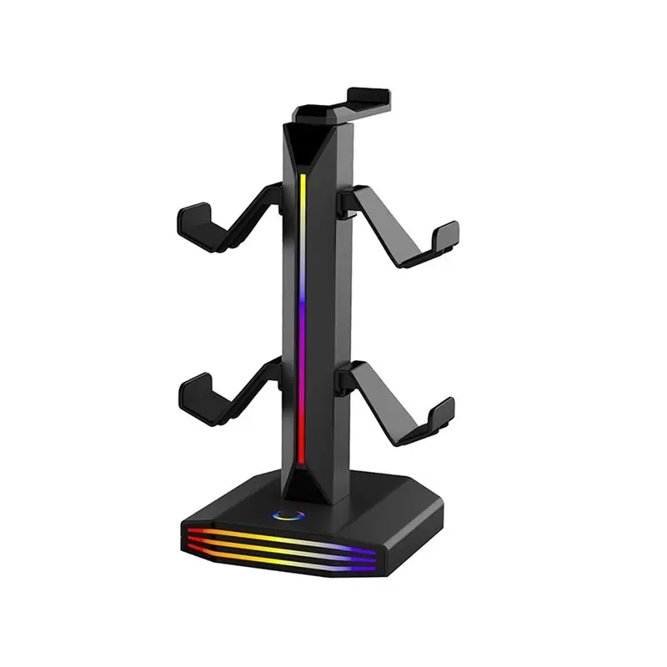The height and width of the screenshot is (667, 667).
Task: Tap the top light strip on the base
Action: [x=275, y=534]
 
